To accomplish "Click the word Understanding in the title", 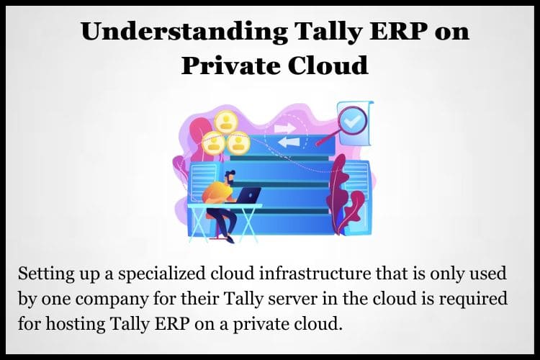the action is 184,32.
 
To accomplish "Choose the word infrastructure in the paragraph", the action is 315,274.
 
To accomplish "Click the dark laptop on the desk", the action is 248,195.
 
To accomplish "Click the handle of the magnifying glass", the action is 326,139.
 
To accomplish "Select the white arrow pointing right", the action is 284,128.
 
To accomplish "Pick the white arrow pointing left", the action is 289,142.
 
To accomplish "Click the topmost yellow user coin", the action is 227,120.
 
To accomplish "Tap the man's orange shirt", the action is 217,192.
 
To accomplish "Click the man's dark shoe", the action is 229,239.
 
